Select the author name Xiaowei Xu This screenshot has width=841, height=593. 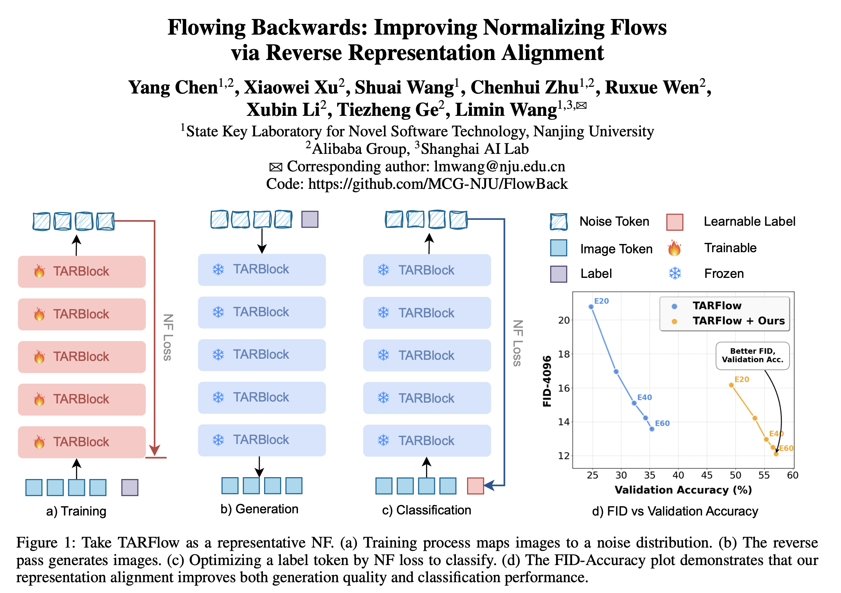294,88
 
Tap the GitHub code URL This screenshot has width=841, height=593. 438,184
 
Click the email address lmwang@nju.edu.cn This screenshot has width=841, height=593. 499,167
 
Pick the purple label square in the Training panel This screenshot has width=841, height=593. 130,487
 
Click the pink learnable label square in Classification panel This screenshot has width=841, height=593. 475,486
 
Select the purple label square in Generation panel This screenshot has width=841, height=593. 310,219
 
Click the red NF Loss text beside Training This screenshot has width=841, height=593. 168,337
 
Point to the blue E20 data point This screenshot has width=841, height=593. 591,307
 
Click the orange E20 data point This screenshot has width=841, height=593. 731,385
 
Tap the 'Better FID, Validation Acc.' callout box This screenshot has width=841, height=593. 752,356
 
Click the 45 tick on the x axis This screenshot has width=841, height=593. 707,475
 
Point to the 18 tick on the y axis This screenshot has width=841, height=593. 564,354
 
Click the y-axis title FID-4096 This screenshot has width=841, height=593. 547,381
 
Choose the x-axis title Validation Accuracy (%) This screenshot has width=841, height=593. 683,490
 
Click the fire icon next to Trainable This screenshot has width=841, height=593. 675,248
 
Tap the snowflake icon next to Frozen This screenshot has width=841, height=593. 675,273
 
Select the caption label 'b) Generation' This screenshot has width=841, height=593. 259,509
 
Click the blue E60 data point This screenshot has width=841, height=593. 652,429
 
